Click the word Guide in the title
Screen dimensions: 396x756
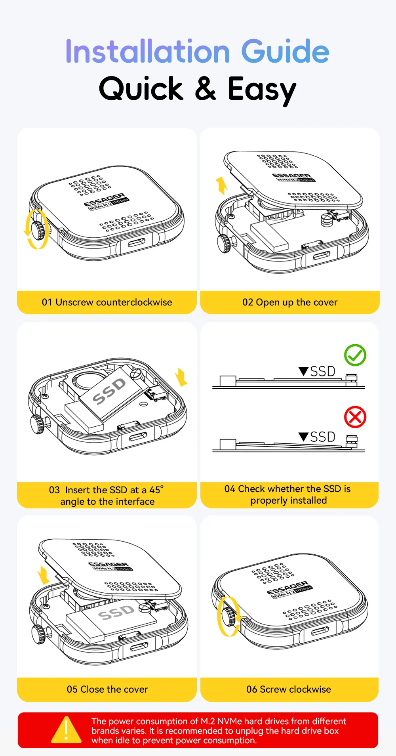285,51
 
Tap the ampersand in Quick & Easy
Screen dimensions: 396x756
206,88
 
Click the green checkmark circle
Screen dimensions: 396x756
355,355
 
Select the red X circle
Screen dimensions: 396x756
355,417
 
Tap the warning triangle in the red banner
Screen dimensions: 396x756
66,730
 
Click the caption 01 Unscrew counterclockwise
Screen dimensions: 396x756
107,302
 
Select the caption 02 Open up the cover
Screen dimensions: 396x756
290,302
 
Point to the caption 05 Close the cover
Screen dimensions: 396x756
107,689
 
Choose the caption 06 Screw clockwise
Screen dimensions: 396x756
289,689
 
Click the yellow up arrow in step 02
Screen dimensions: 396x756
221,185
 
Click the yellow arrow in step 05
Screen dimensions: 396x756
43,575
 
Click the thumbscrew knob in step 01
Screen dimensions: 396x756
38,231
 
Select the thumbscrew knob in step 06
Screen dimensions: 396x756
228,617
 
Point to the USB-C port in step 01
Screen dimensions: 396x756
136,242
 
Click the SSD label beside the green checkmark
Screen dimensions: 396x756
322,371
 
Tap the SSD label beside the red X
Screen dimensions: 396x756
322,437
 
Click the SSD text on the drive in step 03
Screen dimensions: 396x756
109,391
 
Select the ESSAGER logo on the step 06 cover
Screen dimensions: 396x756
287,588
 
